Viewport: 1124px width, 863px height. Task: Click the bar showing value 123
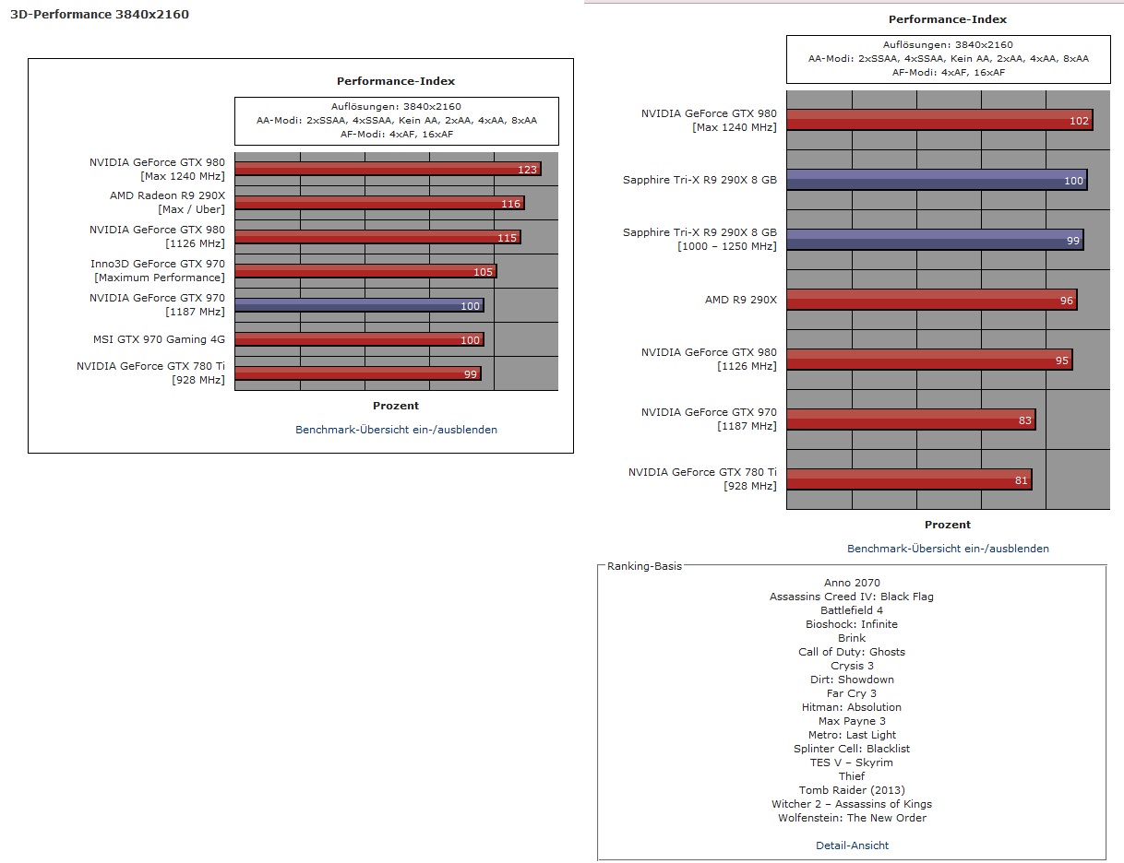tap(388, 169)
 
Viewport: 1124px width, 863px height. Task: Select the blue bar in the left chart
tap(359, 305)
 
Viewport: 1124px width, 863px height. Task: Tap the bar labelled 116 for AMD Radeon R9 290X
tap(379, 203)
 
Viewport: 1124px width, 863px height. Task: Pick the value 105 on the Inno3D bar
tap(483, 272)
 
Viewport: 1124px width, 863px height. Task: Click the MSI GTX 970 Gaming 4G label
tap(159, 339)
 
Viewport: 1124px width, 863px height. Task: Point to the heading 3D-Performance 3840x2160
tap(100, 15)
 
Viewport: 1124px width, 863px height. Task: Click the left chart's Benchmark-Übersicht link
tap(396, 430)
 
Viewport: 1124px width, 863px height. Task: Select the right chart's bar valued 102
tap(939, 120)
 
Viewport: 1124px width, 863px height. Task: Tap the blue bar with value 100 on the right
tap(937, 180)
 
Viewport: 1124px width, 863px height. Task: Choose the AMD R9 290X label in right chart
tap(741, 300)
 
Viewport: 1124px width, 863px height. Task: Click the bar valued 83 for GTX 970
tap(911, 420)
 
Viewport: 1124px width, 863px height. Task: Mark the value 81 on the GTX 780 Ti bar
tap(1020, 480)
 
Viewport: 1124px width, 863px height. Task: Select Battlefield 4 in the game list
tap(852, 610)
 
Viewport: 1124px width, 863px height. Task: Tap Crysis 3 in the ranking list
tap(852, 666)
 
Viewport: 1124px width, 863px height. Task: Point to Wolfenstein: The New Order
tap(852, 818)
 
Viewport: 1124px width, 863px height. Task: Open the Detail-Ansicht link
tap(852, 845)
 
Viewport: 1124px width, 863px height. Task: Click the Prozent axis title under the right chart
tap(948, 525)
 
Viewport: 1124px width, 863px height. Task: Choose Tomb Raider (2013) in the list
tap(852, 790)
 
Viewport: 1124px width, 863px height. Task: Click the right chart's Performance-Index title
tap(948, 19)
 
